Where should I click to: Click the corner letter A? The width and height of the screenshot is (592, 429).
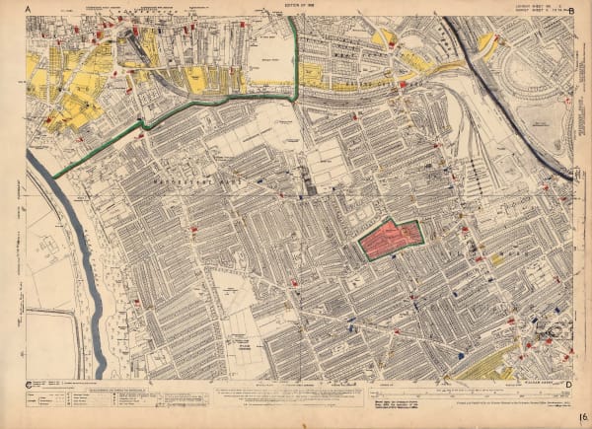tap(29, 8)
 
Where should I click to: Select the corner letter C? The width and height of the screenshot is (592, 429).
tap(30, 383)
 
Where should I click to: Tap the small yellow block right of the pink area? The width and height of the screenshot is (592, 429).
tap(497, 257)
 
